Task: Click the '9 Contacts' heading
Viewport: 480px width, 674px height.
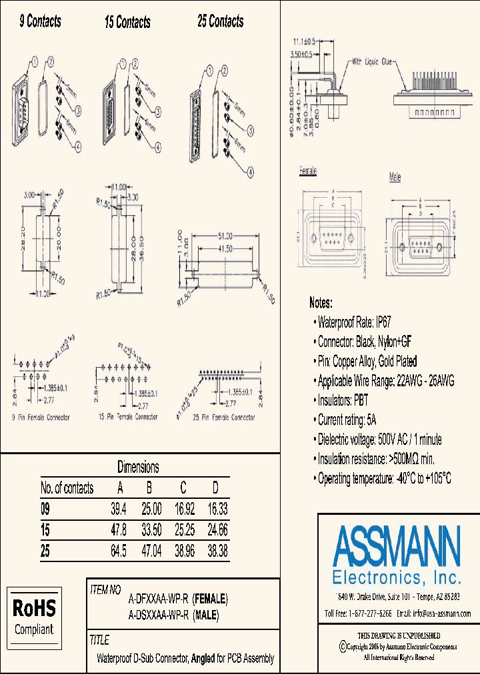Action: (40, 21)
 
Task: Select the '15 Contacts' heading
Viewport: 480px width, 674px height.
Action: (127, 23)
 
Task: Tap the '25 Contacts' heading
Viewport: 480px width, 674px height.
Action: (220, 21)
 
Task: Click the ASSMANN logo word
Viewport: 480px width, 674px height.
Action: (397, 545)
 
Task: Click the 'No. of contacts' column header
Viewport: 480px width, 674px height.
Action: (67, 488)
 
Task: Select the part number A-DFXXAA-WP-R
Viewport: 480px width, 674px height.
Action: (159, 597)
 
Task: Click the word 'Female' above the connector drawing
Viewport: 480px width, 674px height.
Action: (308, 172)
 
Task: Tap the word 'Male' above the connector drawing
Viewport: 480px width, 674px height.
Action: (395, 178)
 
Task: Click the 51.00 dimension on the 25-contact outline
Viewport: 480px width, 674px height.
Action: (225, 236)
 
